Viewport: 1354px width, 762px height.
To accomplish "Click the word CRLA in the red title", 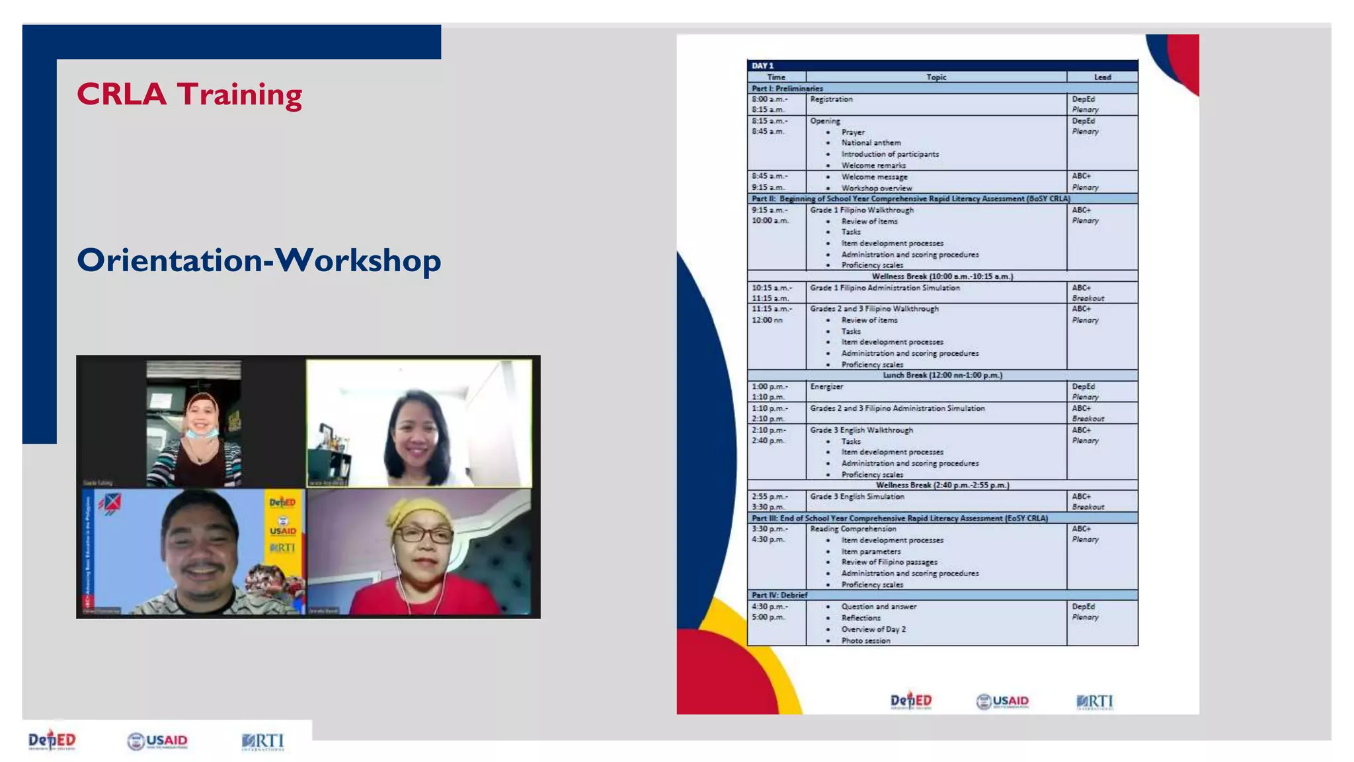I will point(122,95).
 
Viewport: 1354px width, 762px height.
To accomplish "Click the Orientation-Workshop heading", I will point(259,260).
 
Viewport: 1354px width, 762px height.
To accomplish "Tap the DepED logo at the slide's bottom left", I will point(52,740).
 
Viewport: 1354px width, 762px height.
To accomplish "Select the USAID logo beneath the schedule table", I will point(1002,701).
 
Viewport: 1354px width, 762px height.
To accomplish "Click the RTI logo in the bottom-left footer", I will point(263,741).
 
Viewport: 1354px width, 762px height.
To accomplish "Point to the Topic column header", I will point(936,77).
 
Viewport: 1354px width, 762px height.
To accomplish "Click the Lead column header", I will point(1102,77).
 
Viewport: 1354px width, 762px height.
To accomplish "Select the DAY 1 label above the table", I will point(762,65).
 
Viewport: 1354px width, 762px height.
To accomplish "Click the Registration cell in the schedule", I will point(832,99).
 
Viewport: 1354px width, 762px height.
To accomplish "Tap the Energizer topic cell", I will point(827,386).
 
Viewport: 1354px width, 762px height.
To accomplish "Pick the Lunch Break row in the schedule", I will point(942,375).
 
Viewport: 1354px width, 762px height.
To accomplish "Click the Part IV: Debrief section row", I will point(779,595).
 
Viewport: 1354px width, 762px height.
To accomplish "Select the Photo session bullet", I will point(865,640).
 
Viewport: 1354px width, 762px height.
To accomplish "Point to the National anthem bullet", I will point(871,143).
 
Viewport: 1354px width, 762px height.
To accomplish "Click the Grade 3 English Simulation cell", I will point(857,497).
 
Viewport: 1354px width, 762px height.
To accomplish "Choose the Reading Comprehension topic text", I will point(853,529).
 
